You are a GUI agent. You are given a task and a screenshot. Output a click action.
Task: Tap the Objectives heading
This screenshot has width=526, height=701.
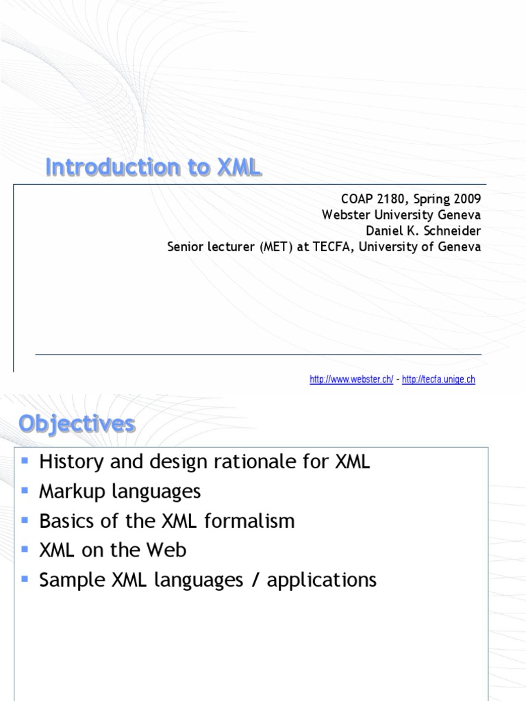coord(77,424)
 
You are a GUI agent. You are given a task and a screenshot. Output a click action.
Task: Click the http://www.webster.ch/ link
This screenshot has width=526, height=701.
coord(351,380)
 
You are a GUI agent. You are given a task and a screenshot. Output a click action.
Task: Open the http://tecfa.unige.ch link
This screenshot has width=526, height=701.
coord(438,380)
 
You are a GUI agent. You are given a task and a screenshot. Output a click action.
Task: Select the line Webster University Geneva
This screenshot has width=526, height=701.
coord(401,215)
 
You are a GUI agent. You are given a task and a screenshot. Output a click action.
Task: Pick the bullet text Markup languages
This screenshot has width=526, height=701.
coord(120,491)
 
